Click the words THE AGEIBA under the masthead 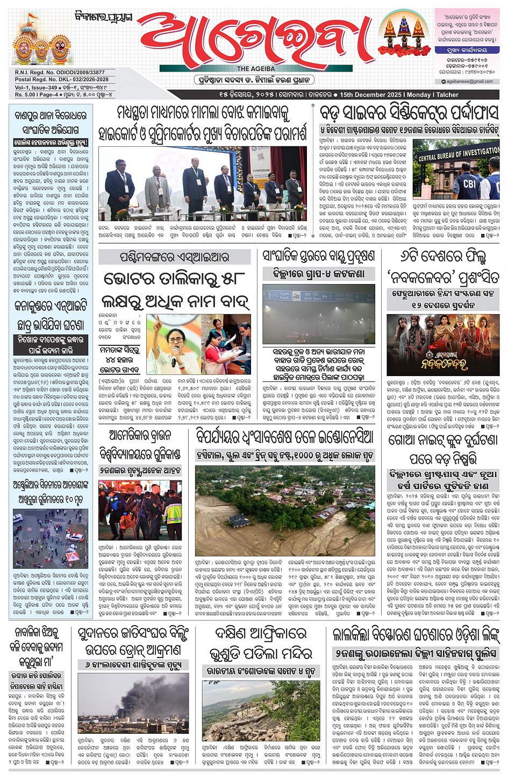[x=256, y=69]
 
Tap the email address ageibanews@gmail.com [x=468, y=82]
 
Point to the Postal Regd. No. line [x=61, y=80]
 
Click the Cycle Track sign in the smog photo [x=283, y=296]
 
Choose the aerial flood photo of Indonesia [x=285, y=510]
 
